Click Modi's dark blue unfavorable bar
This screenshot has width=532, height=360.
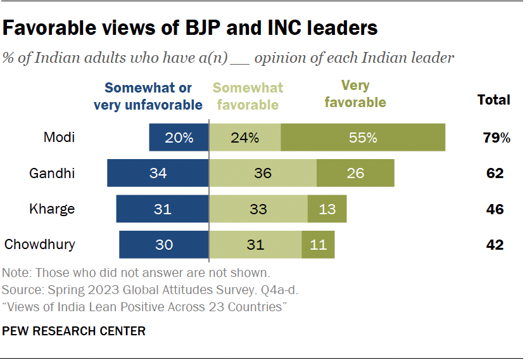179,138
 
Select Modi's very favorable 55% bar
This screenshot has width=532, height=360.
363,138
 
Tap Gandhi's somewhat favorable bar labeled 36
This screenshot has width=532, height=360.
263,173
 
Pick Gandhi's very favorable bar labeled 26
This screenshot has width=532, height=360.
355,173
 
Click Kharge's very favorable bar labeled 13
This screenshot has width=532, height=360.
327,209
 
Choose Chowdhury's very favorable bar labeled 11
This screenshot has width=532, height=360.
318,244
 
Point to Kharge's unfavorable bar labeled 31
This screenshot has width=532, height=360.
162,209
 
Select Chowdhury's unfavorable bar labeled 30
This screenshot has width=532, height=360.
163,244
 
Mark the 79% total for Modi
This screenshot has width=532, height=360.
494,137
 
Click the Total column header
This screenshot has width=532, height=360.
493,100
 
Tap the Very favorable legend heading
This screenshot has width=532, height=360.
355,93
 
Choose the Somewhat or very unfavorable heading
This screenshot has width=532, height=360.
148,96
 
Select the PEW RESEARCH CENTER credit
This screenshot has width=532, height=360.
74,331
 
